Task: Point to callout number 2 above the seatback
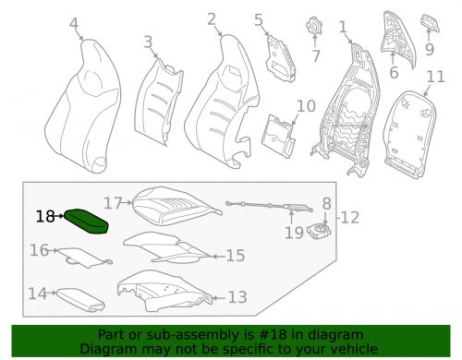click(x=212, y=18)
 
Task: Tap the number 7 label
click(x=316, y=56)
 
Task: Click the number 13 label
click(x=237, y=297)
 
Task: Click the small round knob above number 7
click(x=316, y=26)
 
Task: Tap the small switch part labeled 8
click(x=323, y=230)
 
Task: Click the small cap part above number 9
click(x=431, y=22)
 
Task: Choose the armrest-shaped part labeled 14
click(x=84, y=297)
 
